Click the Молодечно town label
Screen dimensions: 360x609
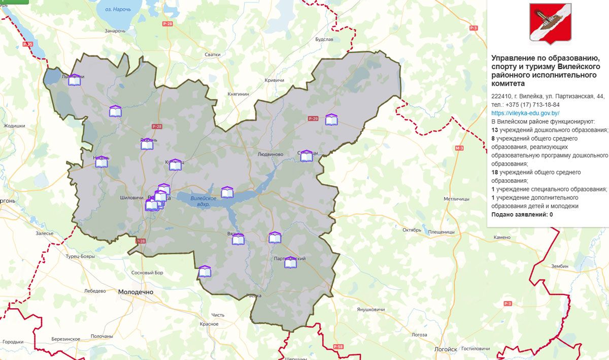(136, 292)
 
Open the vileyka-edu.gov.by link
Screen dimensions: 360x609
(525, 113)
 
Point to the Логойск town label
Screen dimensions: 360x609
(446, 349)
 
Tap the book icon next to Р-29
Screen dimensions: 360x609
(331, 120)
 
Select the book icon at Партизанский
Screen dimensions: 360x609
(291, 263)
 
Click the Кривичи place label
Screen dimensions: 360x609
(274, 80)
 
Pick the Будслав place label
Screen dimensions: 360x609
(324, 39)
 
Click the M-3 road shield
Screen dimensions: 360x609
(459, 148)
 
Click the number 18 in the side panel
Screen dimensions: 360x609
(495, 172)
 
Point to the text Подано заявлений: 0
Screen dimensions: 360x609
(522, 215)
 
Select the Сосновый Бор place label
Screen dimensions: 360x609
(147, 273)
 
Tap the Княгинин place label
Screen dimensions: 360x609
(239, 94)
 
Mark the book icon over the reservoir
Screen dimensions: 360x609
(227, 192)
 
